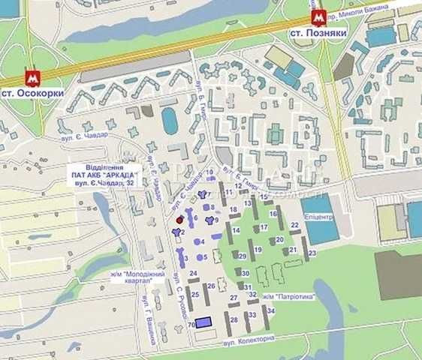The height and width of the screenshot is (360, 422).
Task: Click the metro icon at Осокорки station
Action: [32, 77]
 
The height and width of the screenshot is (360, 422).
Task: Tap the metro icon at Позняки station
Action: [318, 19]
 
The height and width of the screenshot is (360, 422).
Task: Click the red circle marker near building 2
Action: [179, 220]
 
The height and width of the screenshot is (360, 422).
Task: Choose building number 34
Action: [270, 310]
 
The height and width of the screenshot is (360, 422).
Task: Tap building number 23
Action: [311, 253]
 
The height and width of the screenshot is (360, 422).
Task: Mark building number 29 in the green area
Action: [243, 256]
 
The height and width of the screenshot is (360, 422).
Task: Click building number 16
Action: [273, 214]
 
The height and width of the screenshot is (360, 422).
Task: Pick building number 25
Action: [194, 294]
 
